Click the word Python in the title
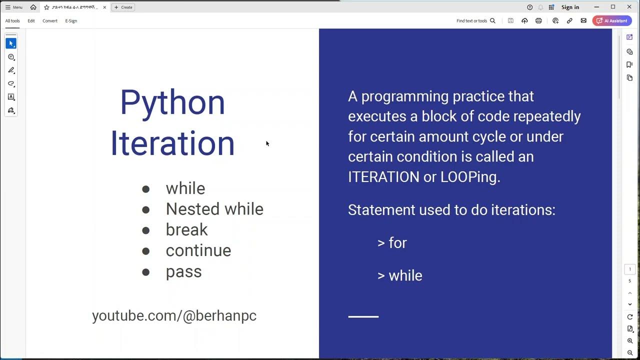[x=172, y=102]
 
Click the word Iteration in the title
[x=172, y=143]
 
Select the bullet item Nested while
[x=214, y=209]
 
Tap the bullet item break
[x=186, y=229]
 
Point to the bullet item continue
[x=198, y=250]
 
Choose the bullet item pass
[x=183, y=271]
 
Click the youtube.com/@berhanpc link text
[x=174, y=315]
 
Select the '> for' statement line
[x=392, y=243]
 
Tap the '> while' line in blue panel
[x=399, y=275]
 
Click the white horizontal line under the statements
[x=363, y=316]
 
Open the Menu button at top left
[x=14, y=7]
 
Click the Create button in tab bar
[x=123, y=7]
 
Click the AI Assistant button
[x=612, y=21]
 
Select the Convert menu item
[x=49, y=21]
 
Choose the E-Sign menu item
[x=71, y=21]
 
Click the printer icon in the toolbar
[x=538, y=21]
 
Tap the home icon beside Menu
[x=33, y=7]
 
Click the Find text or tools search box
[x=475, y=21]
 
